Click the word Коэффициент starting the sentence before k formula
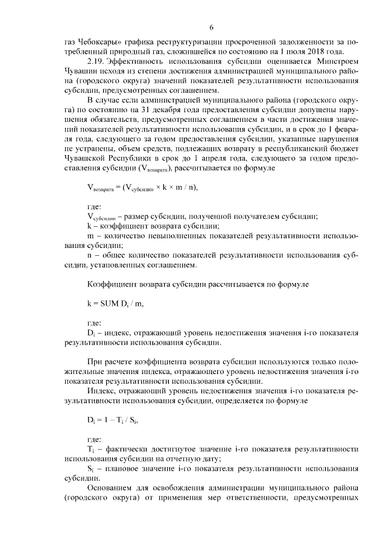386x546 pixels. tap(112, 283)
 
